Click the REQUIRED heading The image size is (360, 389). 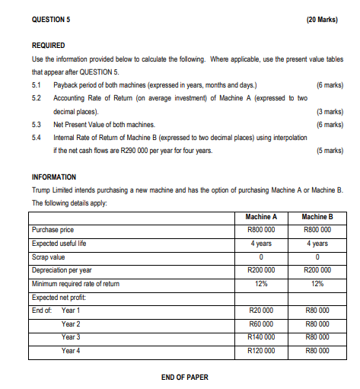pyautogui.click(x=49, y=46)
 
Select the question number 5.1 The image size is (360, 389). pyautogui.click(x=37, y=84)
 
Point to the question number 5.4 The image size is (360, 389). pyautogui.click(x=37, y=137)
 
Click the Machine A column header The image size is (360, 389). pyautogui.click(x=256, y=217)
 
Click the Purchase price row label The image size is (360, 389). pyautogui.click(x=53, y=230)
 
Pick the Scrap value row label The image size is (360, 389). pyautogui.click(x=49, y=257)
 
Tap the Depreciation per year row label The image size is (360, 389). pyautogui.click(x=62, y=270)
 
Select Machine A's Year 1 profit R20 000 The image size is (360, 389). pyautogui.click(x=256, y=311)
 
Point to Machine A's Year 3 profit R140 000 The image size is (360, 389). pyautogui.click(x=256, y=337)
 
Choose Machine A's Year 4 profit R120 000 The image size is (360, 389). pyautogui.click(x=256, y=351)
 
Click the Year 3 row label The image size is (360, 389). pyautogui.click(x=71, y=337)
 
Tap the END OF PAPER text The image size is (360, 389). pyautogui.click(x=185, y=377)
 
